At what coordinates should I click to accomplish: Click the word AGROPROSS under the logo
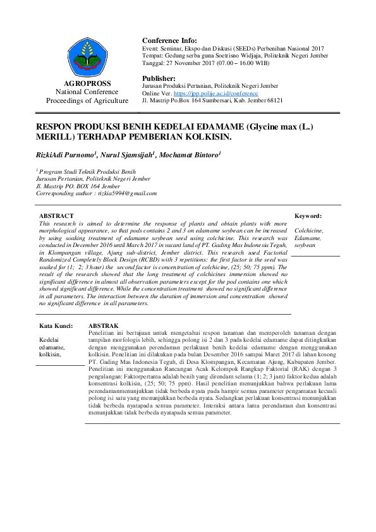(92, 83)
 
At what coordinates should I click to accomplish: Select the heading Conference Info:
(169, 40)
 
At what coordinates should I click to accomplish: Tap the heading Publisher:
(163, 78)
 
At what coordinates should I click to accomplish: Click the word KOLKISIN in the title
(205, 136)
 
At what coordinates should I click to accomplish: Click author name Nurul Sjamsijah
(128, 155)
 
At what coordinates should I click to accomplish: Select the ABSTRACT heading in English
(56, 216)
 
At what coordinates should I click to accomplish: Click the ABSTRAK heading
(102, 326)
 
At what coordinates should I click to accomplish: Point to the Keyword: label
(308, 216)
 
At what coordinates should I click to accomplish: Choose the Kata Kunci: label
(56, 326)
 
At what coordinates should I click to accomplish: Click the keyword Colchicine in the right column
(308, 231)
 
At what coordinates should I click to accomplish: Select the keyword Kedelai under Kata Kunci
(50, 340)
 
